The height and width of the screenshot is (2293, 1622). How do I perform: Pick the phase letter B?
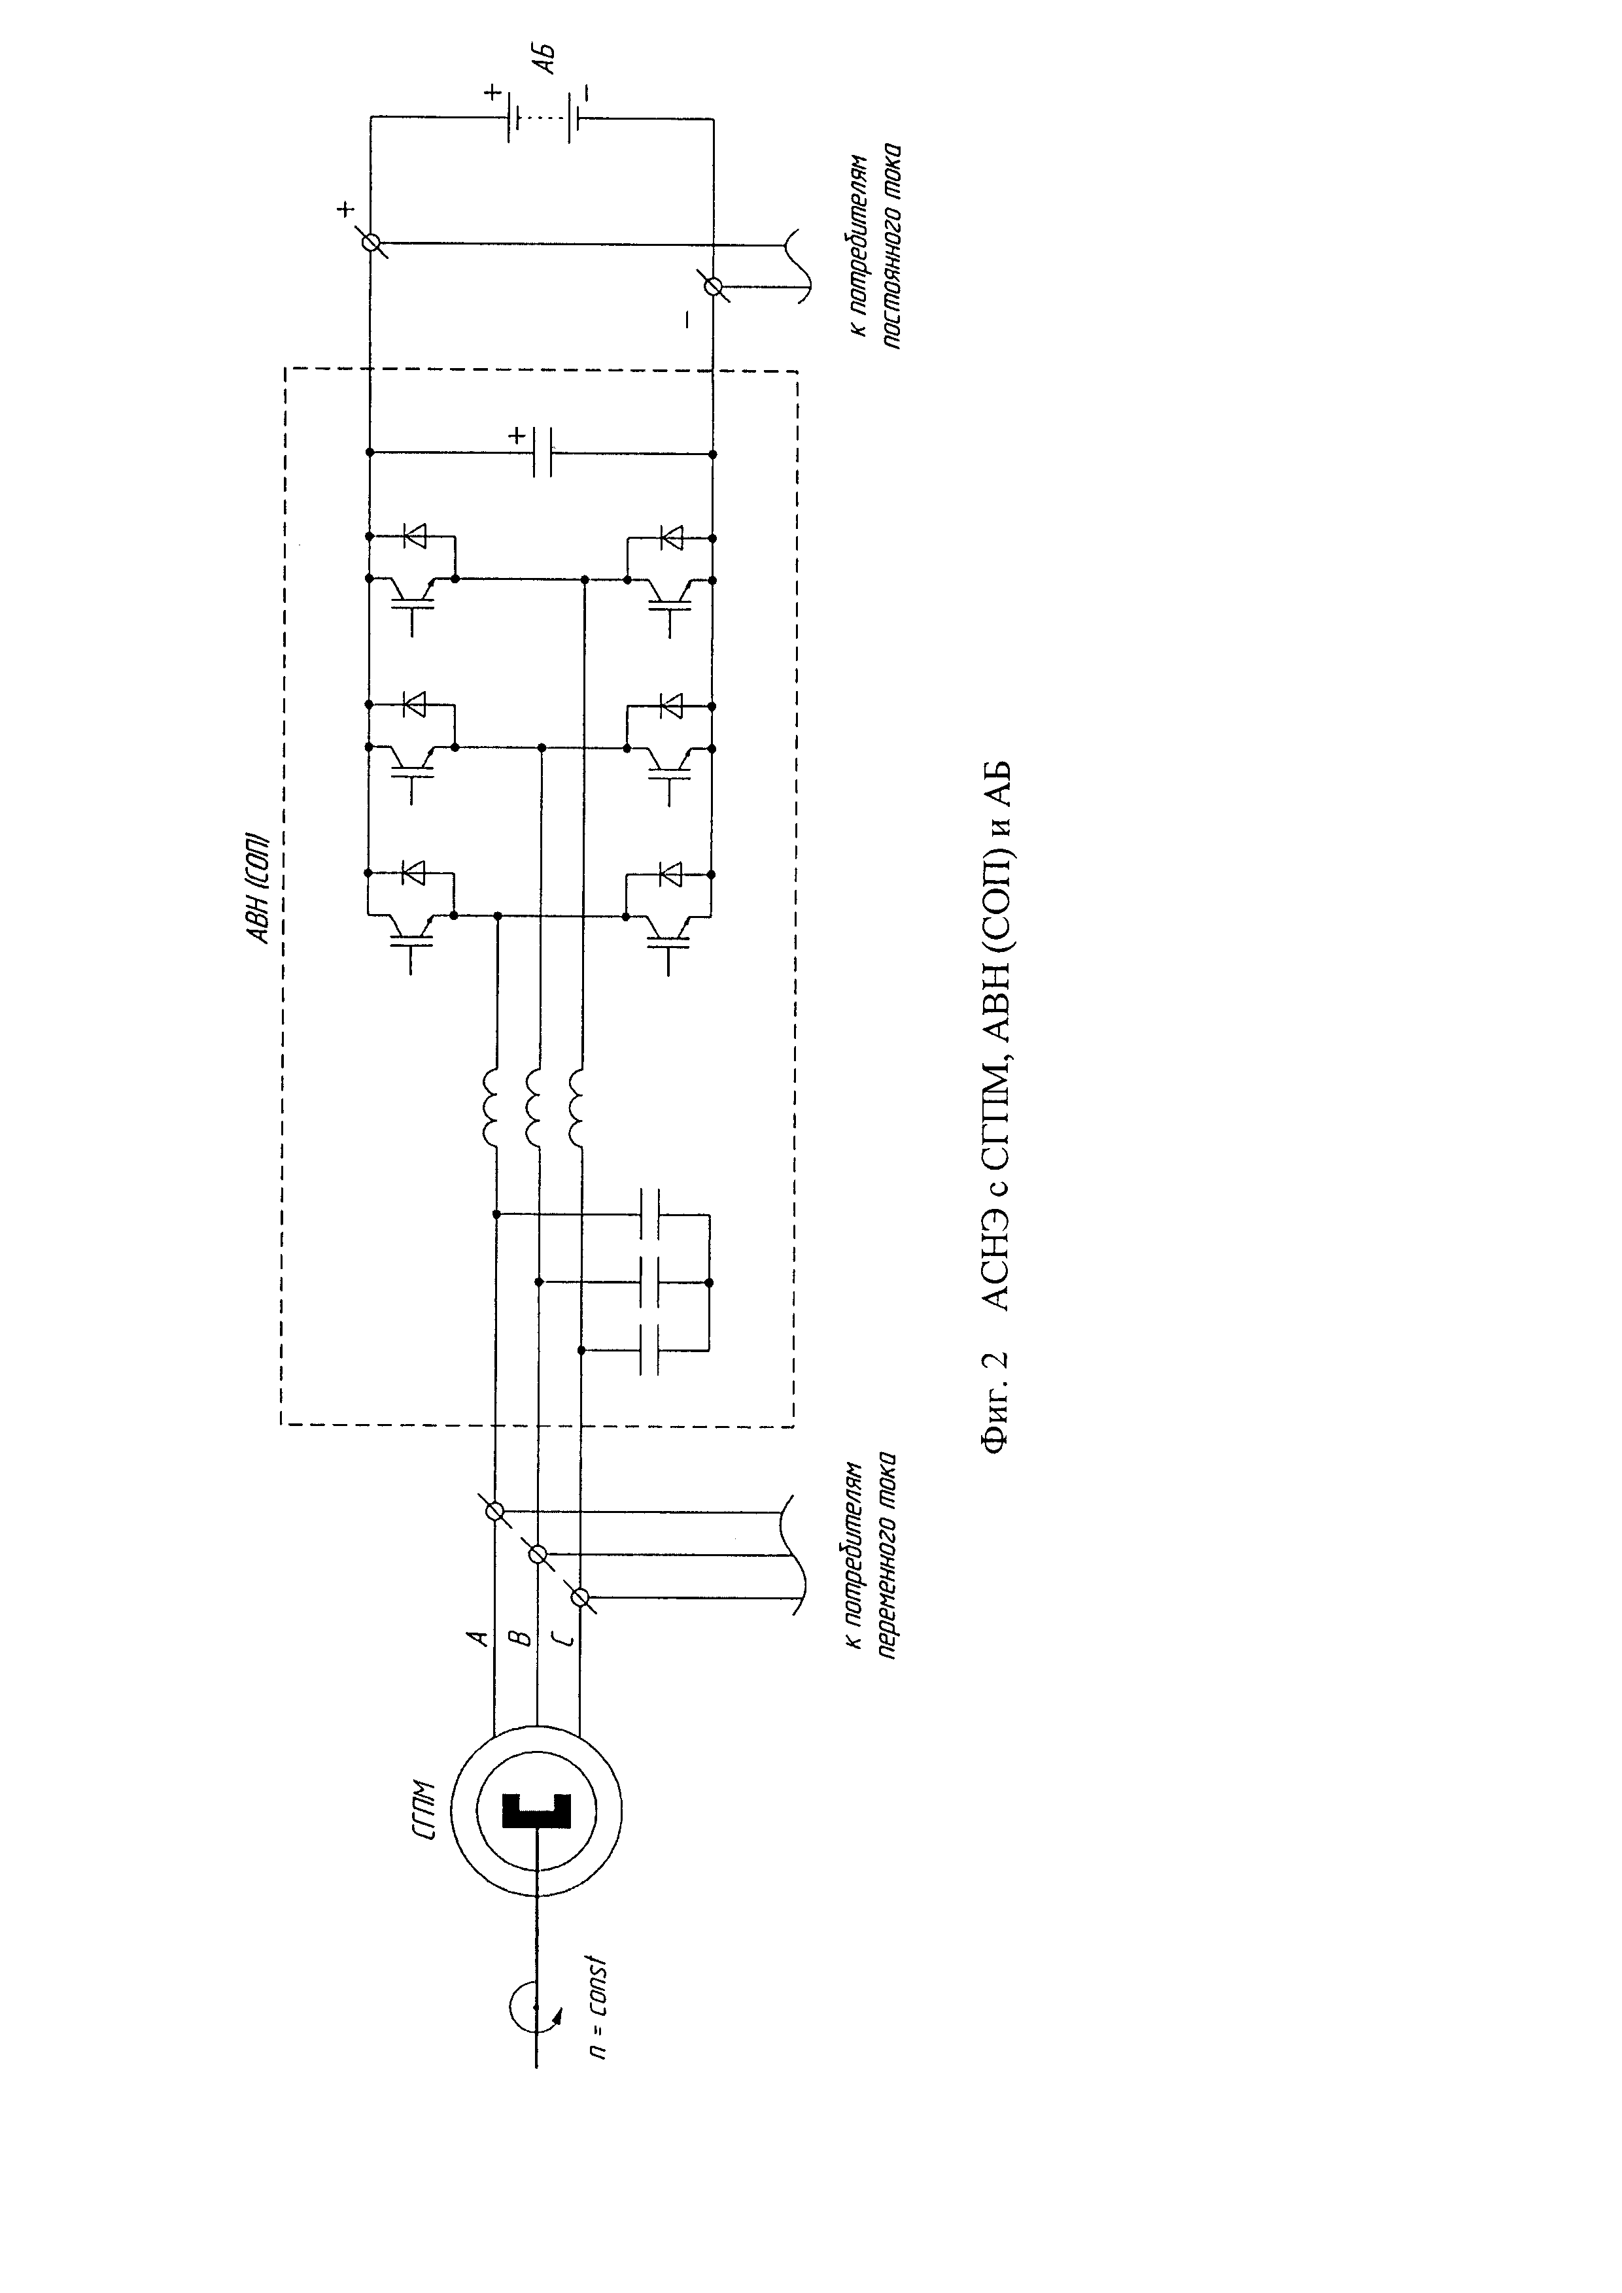click(x=519, y=1638)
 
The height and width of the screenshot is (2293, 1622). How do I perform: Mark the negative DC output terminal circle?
click(x=713, y=286)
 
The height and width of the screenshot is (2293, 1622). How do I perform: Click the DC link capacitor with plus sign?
click(x=542, y=452)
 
